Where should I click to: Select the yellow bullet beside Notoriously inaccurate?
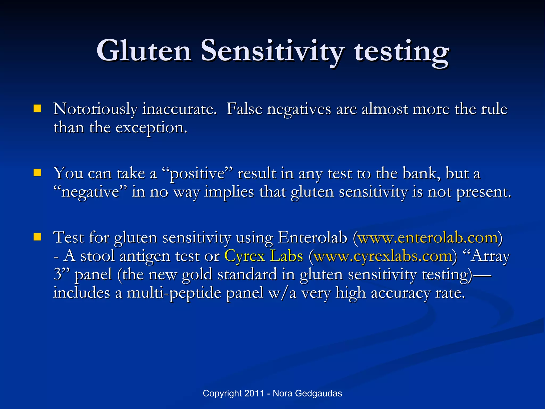[x=37, y=109]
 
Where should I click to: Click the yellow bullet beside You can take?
[x=37, y=173]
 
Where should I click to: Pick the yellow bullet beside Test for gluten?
[x=37, y=237]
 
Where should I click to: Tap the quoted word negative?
[x=90, y=192]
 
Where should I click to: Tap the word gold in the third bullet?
[x=197, y=274]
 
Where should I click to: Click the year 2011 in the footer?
[x=254, y=393]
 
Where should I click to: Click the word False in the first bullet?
[x=244, y=109]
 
